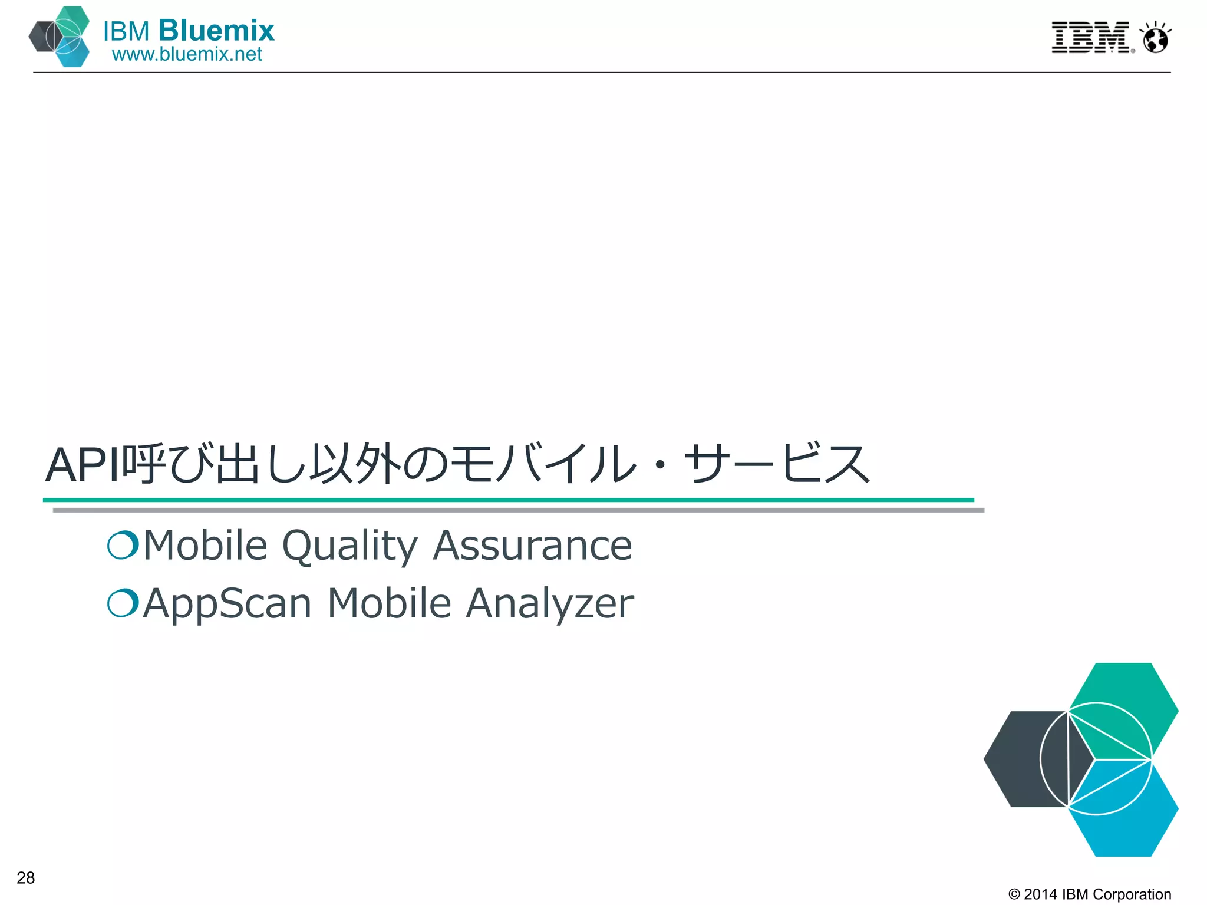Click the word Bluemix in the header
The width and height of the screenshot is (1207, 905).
click(216, 31)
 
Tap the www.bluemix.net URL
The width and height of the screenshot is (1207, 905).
click(187, 54)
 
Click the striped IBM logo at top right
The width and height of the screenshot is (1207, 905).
click(1091, 38)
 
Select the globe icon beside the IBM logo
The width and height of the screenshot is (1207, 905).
click(1155, 39)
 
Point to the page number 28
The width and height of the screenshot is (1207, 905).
click(26, 878)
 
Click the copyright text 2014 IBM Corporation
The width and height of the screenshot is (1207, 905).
click(1090, 894)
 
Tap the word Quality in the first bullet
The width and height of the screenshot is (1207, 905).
click(350, 546)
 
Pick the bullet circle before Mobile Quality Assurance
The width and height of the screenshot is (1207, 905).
click(123, 544)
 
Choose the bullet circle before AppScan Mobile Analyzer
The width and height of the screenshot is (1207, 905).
click(123, 603)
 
